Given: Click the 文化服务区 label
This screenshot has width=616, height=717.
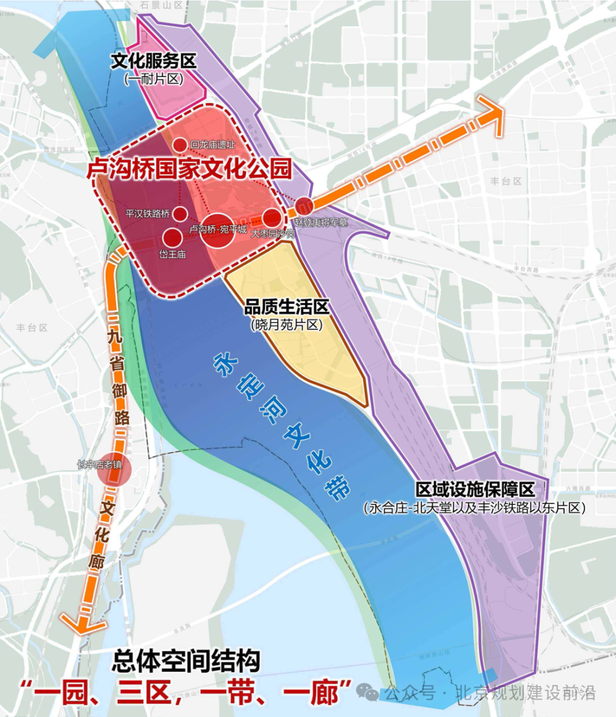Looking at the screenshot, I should point(153,60).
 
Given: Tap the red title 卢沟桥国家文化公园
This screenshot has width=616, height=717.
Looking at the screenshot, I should point(189,169).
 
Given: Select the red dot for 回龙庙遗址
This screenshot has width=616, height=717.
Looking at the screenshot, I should point(180,145).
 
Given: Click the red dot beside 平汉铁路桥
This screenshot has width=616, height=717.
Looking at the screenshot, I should point(180,214).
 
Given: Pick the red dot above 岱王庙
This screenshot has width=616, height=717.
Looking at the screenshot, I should point(172,237).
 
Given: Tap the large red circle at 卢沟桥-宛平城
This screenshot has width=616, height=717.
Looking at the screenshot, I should point(217,230).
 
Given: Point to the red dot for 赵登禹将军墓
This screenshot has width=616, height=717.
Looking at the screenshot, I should point(303,206).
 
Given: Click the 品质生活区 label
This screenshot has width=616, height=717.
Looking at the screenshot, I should point(286,307).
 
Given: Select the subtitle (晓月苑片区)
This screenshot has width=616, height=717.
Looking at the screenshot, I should point(286,324).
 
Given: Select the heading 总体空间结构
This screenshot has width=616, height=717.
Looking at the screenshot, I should point(186,661).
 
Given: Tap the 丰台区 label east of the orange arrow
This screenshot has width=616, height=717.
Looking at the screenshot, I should point(506,181).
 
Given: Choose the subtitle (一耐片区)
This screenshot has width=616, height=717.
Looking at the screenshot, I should point(154,79).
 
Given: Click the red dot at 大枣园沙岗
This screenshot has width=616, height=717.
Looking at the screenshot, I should point(272,217).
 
